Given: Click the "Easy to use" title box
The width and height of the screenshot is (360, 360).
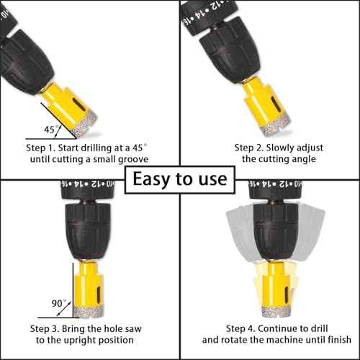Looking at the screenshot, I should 179,178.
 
